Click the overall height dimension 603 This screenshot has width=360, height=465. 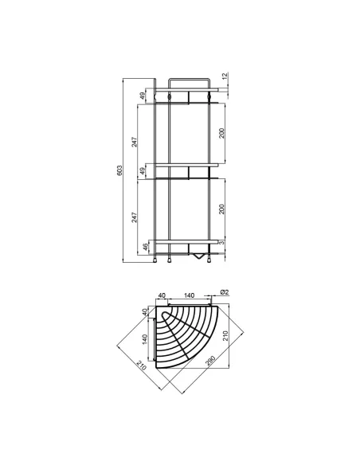click(119, 170)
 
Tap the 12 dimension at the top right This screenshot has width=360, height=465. click(225, 76)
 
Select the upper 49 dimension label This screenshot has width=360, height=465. click(143, 96)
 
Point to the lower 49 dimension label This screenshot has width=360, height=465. click(143, 171)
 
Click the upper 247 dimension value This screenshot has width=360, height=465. click(135, 142)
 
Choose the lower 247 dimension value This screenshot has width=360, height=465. click(135, 217)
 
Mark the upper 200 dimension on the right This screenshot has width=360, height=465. click(221, 133)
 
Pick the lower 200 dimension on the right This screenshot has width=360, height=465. click(221, 209)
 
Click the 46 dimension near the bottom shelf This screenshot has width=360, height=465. click(145, 247)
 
